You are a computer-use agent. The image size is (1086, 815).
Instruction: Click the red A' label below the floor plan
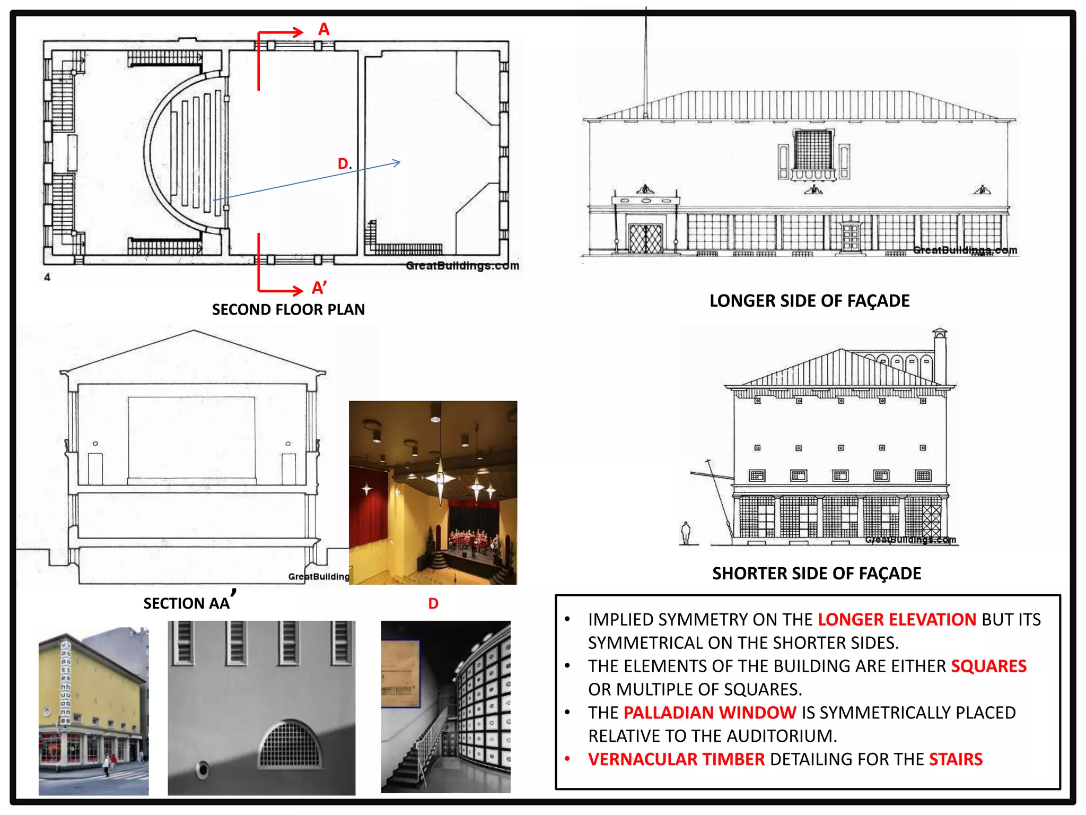(319, 288)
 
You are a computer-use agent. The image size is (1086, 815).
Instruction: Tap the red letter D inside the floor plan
(343, 163)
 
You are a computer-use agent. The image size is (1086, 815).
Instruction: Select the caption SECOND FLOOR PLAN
(288, 309)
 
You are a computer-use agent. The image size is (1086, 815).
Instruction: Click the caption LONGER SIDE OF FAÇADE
(809, 301)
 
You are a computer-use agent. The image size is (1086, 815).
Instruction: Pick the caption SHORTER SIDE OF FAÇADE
(817, 573)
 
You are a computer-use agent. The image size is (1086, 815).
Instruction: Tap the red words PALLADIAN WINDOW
(710, 713)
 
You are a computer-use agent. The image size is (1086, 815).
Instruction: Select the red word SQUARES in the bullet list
(989, 666)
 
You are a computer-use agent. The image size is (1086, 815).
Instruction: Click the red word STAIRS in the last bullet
(956, 759)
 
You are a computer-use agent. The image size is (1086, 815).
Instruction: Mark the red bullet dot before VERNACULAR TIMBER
(567, 759)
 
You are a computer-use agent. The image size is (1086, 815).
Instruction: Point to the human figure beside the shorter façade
(686, 533)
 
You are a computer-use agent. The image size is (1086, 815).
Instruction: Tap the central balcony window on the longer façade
(813, 154)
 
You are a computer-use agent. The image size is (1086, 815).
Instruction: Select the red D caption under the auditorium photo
(433, 603)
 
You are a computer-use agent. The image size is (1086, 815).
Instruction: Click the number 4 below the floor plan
(47, 277)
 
